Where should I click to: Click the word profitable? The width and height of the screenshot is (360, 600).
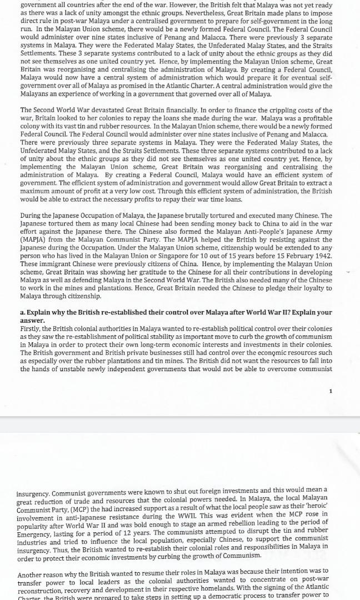(x=311, y=119)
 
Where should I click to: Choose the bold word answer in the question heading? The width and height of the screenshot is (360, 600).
(x=33, y=321)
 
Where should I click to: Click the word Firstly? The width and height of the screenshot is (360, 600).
(x=32, y=329)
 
